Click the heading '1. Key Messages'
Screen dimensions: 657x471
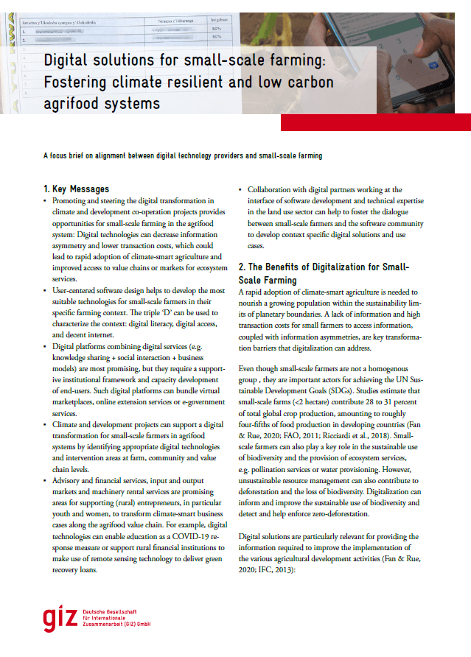coord(76,189)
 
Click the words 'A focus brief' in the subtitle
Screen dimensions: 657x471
coord(68,156)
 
